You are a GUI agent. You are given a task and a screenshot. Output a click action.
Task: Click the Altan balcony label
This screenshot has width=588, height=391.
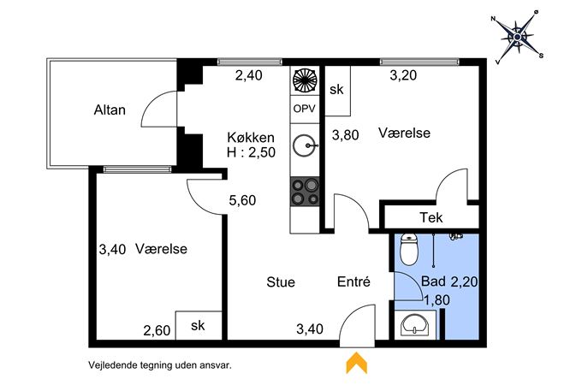click(110, 110)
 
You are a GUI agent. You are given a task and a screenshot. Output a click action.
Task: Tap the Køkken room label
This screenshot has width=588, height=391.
click(251, 137)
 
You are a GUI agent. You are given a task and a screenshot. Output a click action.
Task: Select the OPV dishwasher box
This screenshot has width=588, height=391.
click(305, 109)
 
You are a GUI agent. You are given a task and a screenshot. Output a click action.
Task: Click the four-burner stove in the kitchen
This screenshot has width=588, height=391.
click(305, 191)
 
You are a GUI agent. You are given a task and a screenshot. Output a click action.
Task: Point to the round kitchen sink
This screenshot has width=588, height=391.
click(305, 145)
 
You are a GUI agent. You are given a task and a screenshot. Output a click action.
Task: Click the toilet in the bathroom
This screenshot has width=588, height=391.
click(409, 249)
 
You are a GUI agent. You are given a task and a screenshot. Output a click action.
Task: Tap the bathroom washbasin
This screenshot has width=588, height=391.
click(415, 324)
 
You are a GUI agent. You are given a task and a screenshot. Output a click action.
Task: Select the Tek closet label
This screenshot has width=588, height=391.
click(431, 217)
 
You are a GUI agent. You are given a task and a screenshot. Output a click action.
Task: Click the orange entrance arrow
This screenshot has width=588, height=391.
click(356, 363)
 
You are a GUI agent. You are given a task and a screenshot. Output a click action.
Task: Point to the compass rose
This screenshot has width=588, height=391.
click(518, 37)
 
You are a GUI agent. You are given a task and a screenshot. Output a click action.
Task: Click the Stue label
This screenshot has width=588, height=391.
click(281, 281)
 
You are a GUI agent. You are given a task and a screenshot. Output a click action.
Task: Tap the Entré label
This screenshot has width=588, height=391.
click(353, 281)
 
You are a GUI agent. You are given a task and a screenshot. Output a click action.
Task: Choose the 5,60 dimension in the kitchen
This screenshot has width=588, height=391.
click(242, 200)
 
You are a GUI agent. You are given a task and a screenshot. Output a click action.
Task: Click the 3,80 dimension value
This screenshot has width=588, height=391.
click(346, 135)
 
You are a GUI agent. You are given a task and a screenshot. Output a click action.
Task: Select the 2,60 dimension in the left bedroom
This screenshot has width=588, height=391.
click(157, 330)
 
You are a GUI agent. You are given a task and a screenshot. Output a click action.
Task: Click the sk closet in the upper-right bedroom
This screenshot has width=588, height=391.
click(337, 91)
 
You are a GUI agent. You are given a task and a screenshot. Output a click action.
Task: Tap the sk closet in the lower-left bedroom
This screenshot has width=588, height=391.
click(199, 325)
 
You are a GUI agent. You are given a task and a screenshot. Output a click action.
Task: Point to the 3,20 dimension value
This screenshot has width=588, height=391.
click(403, 75)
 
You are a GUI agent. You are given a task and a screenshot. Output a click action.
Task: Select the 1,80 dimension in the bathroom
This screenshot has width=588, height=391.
click(437, 300)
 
